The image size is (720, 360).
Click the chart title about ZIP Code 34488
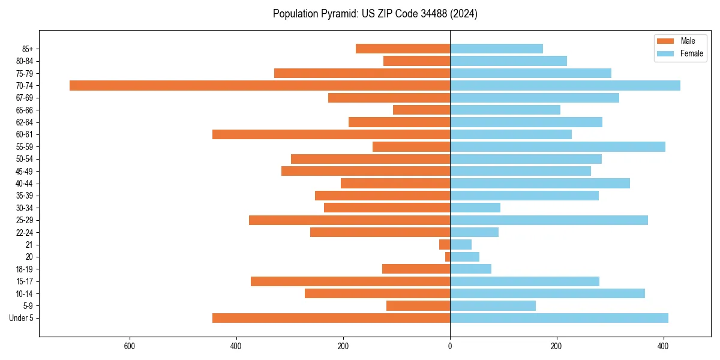375,14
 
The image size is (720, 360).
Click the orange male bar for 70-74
260,85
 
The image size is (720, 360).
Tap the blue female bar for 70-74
565,85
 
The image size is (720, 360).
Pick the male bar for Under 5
331,318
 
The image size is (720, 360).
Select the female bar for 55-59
557,146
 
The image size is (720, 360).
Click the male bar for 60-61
331,134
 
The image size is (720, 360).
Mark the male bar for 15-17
350,281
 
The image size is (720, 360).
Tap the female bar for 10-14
547,293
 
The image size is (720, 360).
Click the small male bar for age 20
448,257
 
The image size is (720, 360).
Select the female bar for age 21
461,244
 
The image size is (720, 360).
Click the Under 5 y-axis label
21,318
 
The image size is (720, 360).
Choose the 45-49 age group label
24,171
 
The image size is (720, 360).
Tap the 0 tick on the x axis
450,346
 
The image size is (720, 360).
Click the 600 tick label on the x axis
129,346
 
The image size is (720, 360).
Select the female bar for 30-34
475,208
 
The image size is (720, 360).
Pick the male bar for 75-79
362,73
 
